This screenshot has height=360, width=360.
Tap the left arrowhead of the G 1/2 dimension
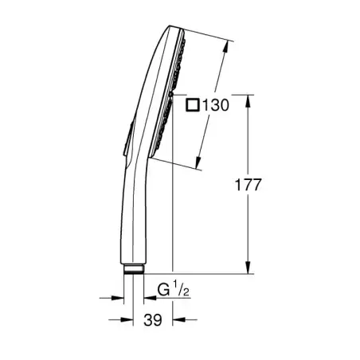(x=119, y=299)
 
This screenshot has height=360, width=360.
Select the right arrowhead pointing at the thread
(x=148, y=299)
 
